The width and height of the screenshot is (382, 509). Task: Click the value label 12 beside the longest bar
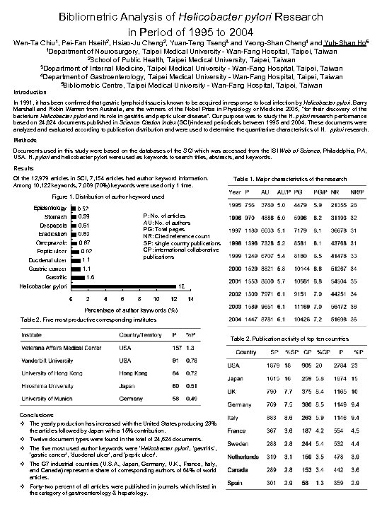click(181, 286)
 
